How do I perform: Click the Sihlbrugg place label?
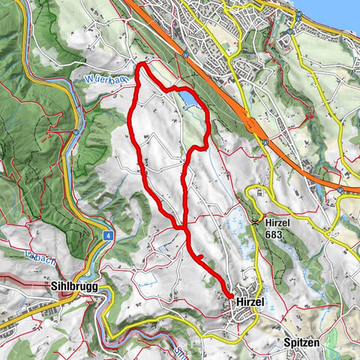point(74,286)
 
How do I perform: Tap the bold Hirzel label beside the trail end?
point(251,301)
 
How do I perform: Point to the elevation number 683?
point(277,234)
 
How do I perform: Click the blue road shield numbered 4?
point(109,235)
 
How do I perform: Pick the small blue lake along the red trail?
point(190,100)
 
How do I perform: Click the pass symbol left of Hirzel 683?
point(257,222)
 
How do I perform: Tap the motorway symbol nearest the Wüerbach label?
point(184,54)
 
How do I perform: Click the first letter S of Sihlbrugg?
point(50,286)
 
